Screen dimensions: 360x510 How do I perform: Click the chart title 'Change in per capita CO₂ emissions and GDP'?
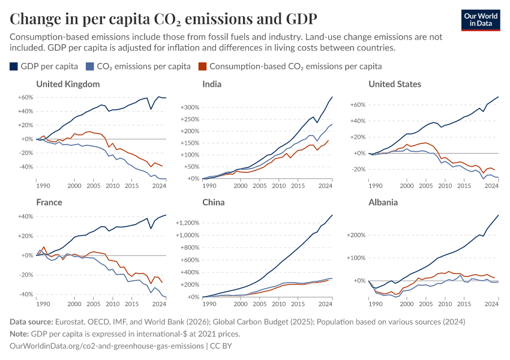tap(164, 19)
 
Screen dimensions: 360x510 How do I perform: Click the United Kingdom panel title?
tap(68, 84)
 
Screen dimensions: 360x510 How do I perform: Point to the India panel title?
tap(212, 84)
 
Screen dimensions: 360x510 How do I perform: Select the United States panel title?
tap(395, 84)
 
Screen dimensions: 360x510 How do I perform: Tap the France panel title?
tap(49, 202)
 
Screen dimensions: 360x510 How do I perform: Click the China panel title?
tap(214, 202)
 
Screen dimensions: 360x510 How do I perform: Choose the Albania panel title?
tap(383, 202)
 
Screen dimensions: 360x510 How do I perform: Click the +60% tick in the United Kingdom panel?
tap(25, 97)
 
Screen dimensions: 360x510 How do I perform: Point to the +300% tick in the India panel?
tap(188, 107)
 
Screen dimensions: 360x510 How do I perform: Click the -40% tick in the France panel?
tap(25, 295)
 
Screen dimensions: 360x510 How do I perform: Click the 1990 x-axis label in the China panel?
tap(207, 304)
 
